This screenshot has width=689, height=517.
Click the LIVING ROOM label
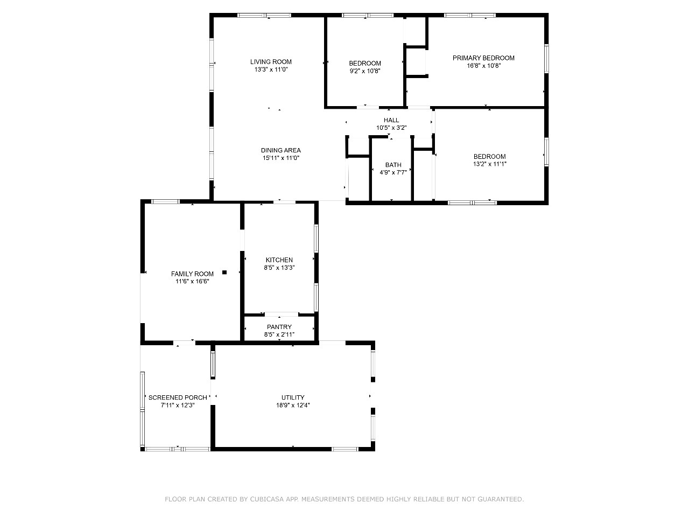coord(271,62)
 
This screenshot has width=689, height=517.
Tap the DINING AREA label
coord(281,150)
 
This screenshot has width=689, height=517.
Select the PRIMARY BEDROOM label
coord(483,58)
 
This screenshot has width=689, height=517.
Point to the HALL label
coord(391,120)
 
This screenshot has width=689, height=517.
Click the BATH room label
coord(393,165)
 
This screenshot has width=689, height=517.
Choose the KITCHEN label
coord(279,260)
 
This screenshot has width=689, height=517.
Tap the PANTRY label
coord(279,327)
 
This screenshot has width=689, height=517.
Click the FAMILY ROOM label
coord(192,274)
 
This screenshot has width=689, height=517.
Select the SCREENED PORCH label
coord(178,397)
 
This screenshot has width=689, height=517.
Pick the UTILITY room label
coord(293,397)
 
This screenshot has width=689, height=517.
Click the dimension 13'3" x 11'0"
coord(271,69)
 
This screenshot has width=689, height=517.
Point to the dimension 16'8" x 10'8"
coord(484,66)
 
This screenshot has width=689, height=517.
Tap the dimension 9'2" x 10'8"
coord(365,71)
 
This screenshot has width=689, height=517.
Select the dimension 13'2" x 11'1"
coord(490,164)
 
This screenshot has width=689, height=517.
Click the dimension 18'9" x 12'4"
coord(293,405)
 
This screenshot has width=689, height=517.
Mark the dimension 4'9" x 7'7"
coord(393,172)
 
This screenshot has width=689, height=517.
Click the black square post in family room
coord(224,273)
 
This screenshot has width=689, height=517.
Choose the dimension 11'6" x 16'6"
coord(192,281)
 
